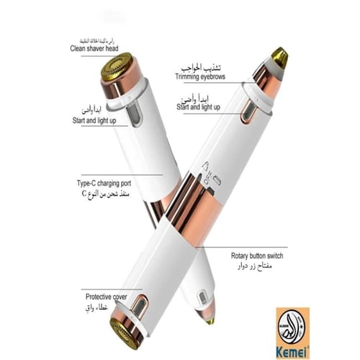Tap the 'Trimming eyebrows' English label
pyautogui.click(x=200, y=77)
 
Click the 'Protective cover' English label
pyautogui.click(x=106, y=296)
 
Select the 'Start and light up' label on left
pyautogui.click(x=95, y=121)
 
